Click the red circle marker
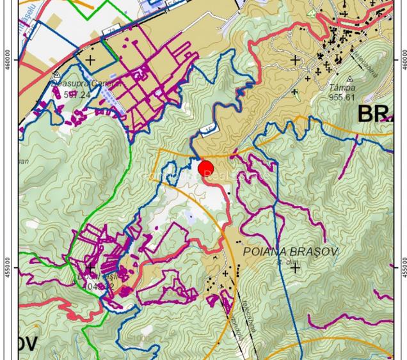(x=205, y=170)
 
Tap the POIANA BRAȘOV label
(x=291, y=251)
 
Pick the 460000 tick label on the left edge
(x=8, y=61)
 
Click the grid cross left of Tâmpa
(x=295, y=60)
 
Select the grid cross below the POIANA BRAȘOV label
(x=295, y=268)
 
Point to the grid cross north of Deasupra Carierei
(x=90, y=61)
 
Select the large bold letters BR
(x=375, y=114)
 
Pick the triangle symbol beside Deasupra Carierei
(x=57, y=75)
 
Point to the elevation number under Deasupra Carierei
(x=77, y=95)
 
